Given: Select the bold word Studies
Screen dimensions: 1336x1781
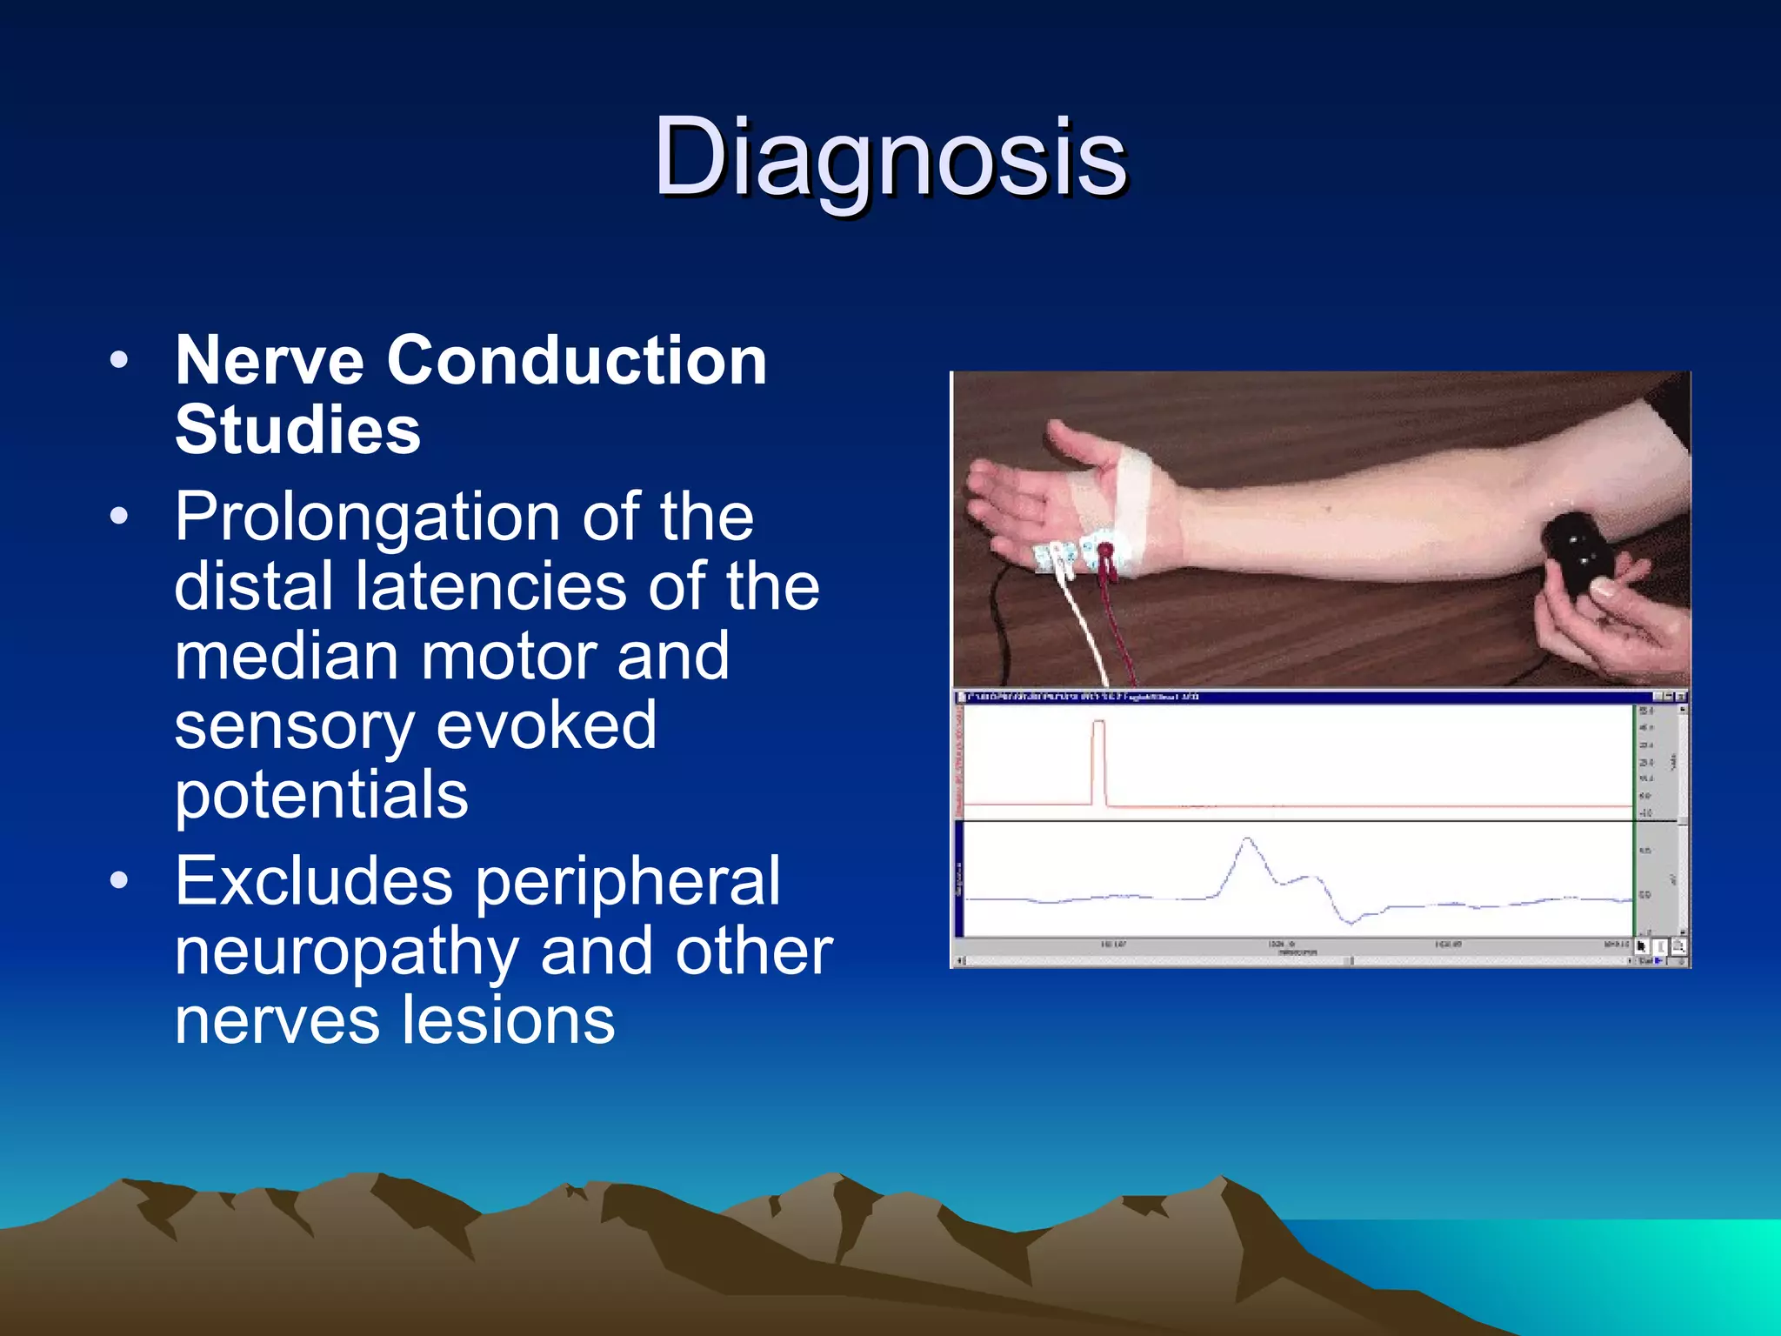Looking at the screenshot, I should pyautogui.click(x=297, y=431).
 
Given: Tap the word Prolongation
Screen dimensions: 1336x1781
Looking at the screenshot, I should pyautogui.click(x=366, y=518).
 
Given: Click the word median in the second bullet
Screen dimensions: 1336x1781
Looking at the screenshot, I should pyautogui.click(x=285, y=657).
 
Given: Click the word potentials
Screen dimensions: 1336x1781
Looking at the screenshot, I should pyautogui.click(x=321, y=796).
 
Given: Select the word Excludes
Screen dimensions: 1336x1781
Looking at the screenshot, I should pyautogui.click(x=314, y=882).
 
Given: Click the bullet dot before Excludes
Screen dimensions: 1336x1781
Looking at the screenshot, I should pyautogui.click(x=119, y=880).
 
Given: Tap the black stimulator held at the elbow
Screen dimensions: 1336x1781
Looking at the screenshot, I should pyautogui.click(x=1577, y=551).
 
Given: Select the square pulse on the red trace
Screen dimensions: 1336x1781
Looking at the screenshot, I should pyautogui.click(x=1098, y=761).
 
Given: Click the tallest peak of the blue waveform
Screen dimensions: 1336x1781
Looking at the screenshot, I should pyautogui.click(x=1248, y=839).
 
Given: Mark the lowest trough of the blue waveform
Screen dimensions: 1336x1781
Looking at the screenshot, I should pyautogui.click(x=1350, y=923).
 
